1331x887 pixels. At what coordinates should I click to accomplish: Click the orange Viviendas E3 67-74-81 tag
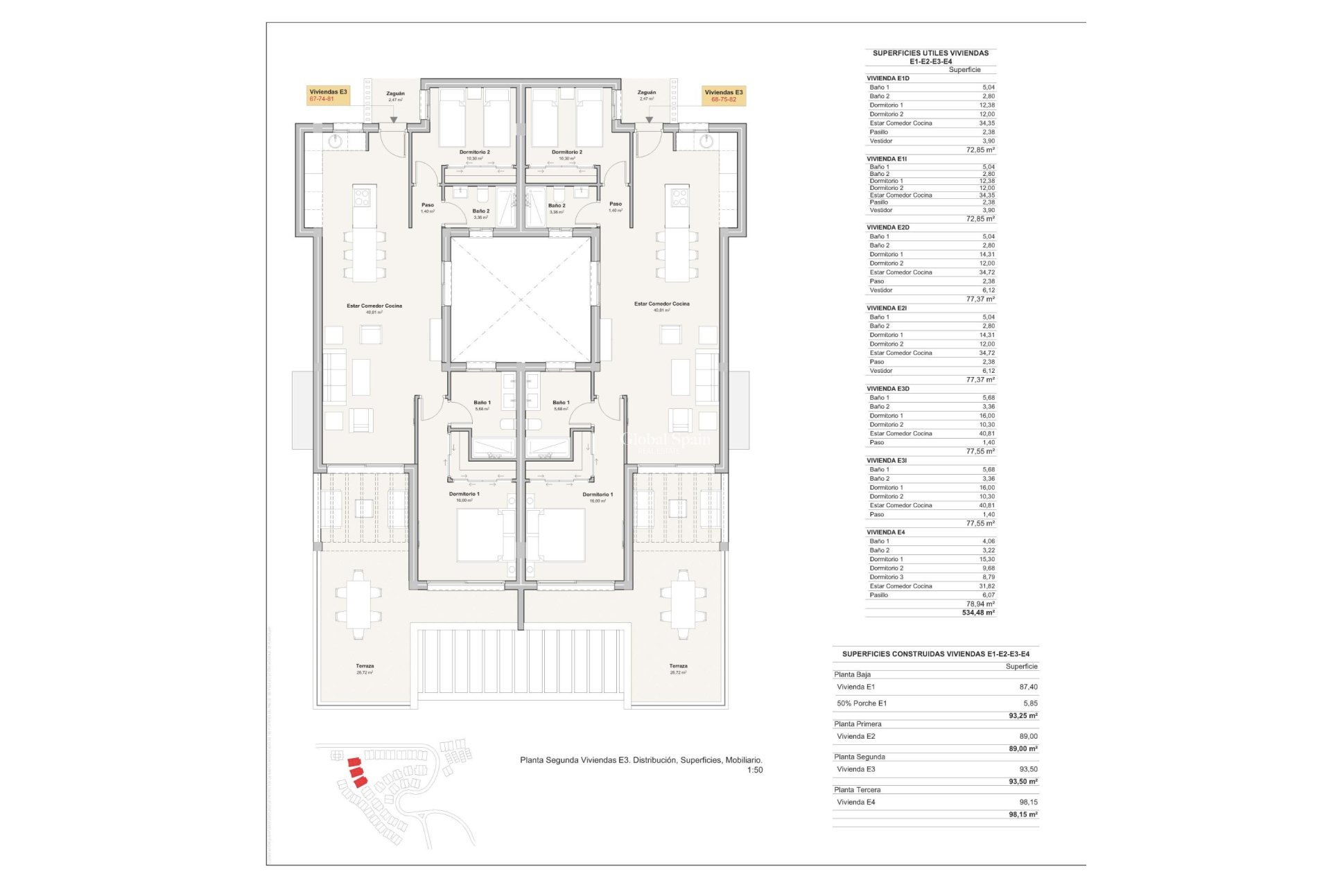(x=328, y=96)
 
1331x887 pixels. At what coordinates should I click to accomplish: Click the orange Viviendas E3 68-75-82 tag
(x=723, y=96)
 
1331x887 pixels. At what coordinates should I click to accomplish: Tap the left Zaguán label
(x=395, y=94)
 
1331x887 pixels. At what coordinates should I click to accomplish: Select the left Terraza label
(x=365, y=666)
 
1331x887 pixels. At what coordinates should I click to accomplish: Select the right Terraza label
(x=678, y=666)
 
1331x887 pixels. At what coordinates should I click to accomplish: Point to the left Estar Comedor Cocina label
(x=374, y=306)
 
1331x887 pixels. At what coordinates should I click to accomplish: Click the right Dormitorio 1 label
(x=598, y=495)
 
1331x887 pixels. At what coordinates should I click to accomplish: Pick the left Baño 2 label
(x=480, y=211)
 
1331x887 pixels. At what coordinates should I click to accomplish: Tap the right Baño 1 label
(x=561, y=403)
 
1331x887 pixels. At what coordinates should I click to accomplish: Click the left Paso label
(x=428, y=205)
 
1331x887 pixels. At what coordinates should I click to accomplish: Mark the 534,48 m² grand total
(x=978, y=613)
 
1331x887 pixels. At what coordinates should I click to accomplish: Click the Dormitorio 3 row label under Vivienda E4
(x=887, y=577)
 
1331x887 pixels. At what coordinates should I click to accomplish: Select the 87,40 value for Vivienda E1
(x=1028, y=687)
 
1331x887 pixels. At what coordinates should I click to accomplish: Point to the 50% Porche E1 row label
(x=862, y=703)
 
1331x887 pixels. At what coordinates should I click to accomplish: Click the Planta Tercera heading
(x=858, y=790)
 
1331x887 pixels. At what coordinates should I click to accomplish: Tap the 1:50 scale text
(x=754, y=770)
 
